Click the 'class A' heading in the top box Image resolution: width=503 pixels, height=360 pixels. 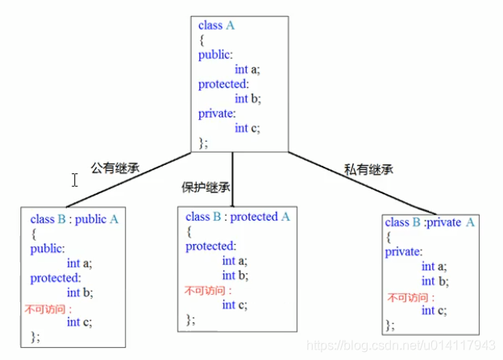216,25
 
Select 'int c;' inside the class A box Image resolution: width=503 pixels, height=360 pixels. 247,128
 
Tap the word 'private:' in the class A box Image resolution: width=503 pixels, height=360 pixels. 217,114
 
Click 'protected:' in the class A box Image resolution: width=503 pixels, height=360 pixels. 223,85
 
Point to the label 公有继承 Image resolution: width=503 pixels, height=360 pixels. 115,168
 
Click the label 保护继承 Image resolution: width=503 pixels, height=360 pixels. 206,187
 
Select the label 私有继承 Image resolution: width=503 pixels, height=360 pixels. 368,169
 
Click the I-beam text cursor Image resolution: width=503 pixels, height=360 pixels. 75,180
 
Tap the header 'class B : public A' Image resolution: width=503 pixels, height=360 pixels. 74,219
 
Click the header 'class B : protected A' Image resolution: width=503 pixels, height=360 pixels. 238,217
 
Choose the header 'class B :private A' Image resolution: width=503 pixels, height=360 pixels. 430,222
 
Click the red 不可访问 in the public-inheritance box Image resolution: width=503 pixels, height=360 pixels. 48,309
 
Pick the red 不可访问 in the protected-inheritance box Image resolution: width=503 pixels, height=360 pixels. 208,291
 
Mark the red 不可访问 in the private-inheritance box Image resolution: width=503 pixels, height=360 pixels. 410,297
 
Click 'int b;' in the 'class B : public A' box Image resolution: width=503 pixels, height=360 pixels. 80,292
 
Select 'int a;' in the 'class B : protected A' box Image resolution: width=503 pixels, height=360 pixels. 235,261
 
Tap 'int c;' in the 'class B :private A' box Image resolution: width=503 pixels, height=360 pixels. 434,310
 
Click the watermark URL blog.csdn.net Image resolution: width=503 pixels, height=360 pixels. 401,346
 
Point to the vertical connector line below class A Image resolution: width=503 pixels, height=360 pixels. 233,180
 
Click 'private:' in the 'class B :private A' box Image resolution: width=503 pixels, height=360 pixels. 404,252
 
